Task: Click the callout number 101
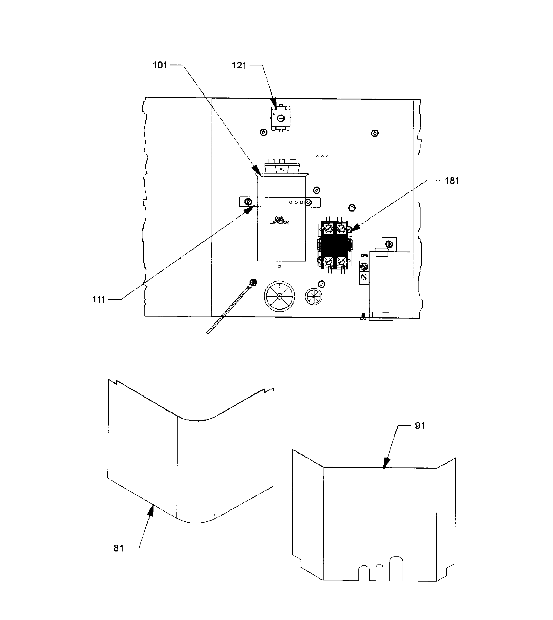coord(160,65)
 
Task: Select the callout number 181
coord(452,181)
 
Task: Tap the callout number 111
coord(99,300)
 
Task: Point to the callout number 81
coord(119,548)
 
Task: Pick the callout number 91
coord(420,425)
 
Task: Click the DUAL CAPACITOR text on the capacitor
coord(279,220)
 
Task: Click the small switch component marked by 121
coord(280,118)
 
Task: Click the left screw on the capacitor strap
coord(248,202)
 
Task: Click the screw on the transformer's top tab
coord(388,244)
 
